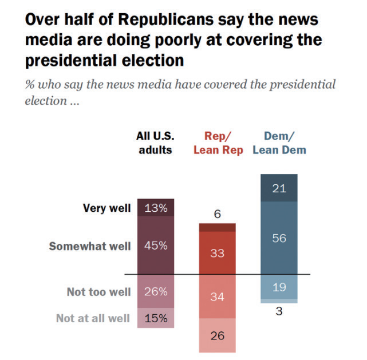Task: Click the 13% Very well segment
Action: (x=155, y=208)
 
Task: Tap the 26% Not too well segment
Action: (x=155, y=292)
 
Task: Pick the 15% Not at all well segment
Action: (x=155, y=318)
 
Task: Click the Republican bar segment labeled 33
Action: (x=217, y=252)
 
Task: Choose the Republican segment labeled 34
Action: (x=217, y=297)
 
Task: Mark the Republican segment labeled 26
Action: (x=217, y=335)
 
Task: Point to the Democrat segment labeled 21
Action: (x=279, y=189)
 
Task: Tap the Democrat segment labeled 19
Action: (x=279, y=287)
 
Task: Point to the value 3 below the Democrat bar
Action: (x=279, y=312)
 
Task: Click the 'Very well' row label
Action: (x=108, y=208)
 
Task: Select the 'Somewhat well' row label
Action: (x=90, y=247)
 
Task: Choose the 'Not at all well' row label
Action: (x=93, y=318)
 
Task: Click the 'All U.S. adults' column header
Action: (x=155, y=143)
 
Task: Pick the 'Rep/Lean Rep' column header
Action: (x=218, y=143)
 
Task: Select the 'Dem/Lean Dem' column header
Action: (x=279, y=143)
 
